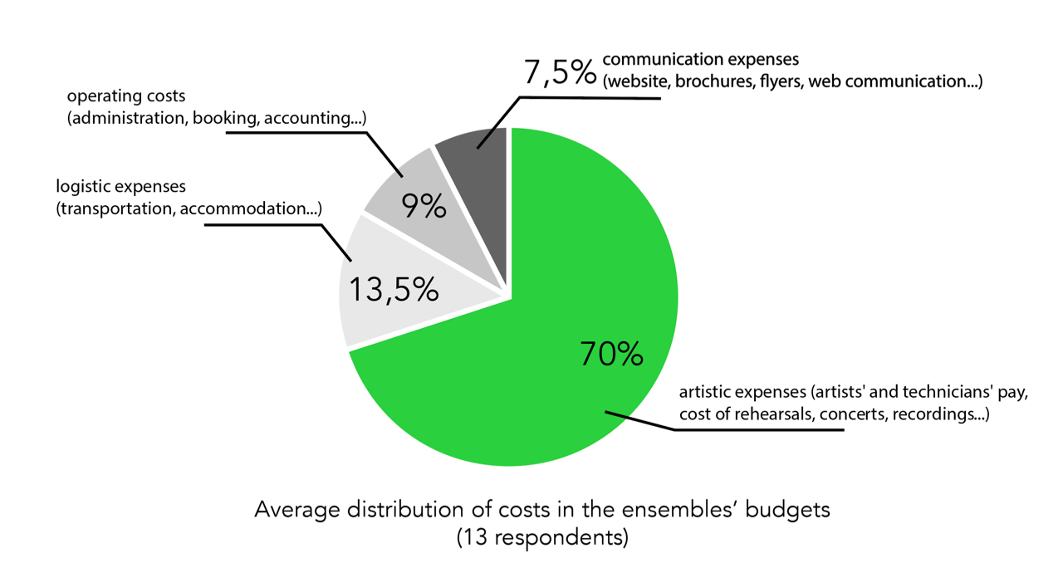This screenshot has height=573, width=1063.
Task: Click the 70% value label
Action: coord(611,355)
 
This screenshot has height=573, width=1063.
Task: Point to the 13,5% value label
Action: coord(393,290)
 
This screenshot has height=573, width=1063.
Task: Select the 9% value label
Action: coord(424,206)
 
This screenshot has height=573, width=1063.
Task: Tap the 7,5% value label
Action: coord(559,71)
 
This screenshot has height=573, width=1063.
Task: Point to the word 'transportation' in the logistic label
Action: coord(115,208)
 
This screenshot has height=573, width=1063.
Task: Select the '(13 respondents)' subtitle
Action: coord(541,537)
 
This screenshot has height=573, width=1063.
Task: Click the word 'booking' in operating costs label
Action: coord(223,119)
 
